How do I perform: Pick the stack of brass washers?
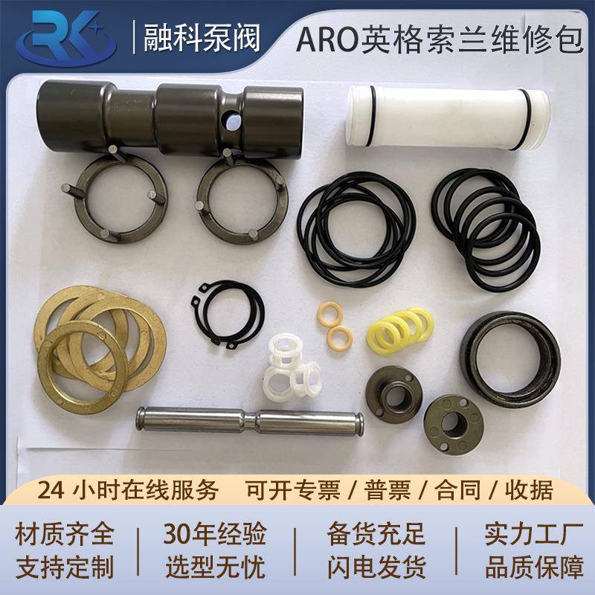[x=93, y=339]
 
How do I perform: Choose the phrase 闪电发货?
[x=376, y=567]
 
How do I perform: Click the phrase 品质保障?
[x=534, y=567]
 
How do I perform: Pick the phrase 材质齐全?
[x=65, y=534]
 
